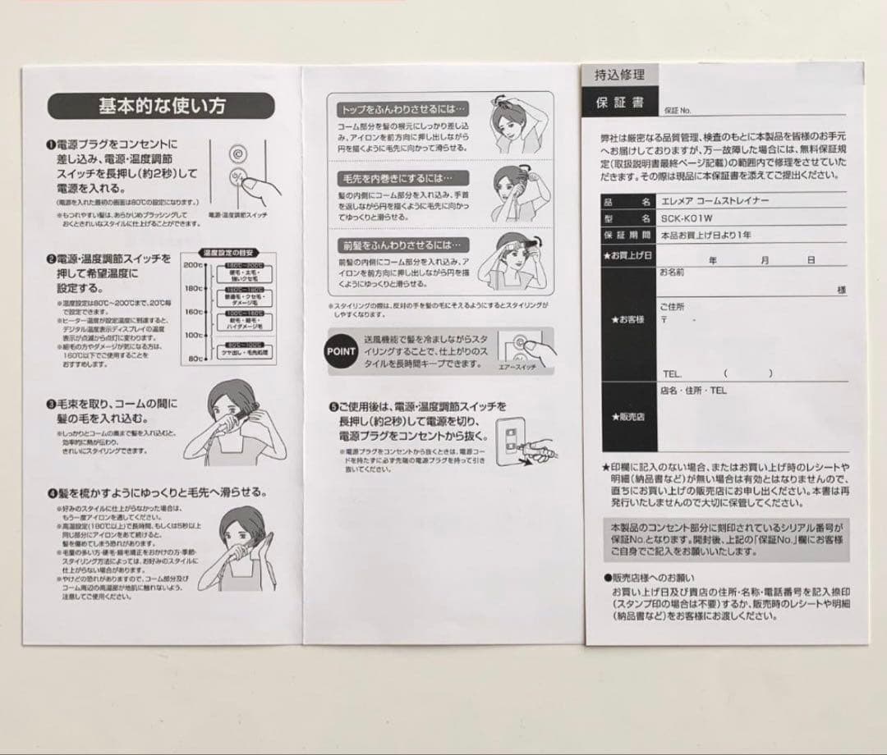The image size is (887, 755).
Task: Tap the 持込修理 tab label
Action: coord(619,75)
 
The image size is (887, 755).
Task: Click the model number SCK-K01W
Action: coord(687,218)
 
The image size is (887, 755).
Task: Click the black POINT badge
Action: coord(341,351)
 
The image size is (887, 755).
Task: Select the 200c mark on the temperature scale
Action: coord(192,265)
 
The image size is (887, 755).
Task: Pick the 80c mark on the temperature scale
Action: coord(194,359)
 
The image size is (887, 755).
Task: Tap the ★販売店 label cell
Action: coord(628,417)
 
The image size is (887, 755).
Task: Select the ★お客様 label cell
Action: coord(628,319)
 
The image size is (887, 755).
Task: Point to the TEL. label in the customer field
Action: coord(673,374)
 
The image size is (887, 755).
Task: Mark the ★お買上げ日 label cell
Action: coord(628,255)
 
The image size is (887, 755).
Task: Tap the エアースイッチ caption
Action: coord(517,367)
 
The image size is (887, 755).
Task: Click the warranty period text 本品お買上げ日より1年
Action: coord(705,236)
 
